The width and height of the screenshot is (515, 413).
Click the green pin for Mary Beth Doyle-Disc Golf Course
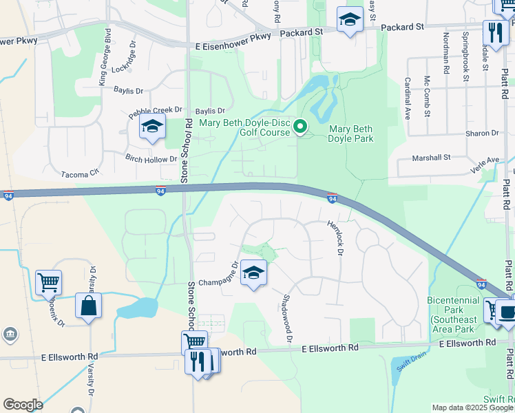pyautogui.click(x=300, y=127)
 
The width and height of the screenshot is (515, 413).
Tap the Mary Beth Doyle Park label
pyautogui.click(x=351, y=134)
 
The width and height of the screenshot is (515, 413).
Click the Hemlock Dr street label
pyautogui.click(x=336, y=238)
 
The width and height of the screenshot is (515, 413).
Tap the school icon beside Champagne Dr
pyautogui.click(x=253, y=274)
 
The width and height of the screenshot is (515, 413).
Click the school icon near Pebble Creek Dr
pyautogui.click(x=152, y=127)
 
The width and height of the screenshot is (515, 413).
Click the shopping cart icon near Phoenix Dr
pyautogui.click(x=49, y=282)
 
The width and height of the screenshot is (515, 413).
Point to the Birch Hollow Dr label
pyautogui.click(x=151, y=159)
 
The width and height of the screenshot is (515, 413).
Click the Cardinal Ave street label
pyautogui.click(x=408, y=98)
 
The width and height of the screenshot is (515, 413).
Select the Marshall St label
pyautogui.click(x=430, y=158)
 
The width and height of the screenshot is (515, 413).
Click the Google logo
pyautogui.click(x=23, y=405)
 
